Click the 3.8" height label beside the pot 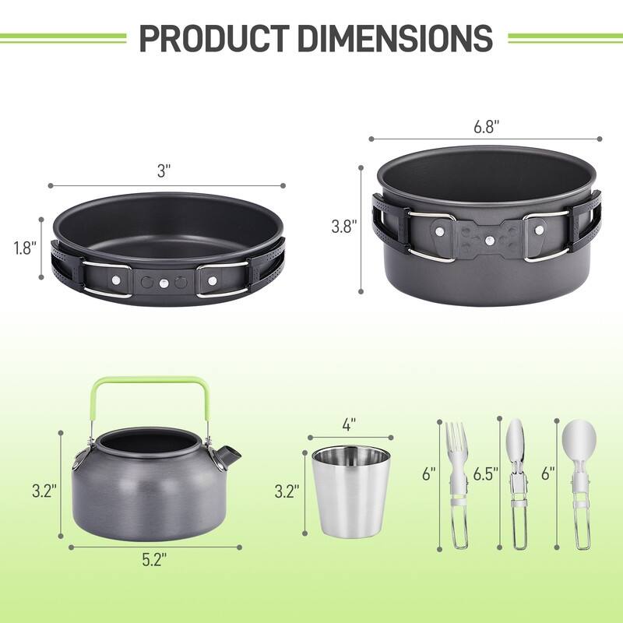[343, 227]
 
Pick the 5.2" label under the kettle [153, 558]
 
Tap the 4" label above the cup [348, 424]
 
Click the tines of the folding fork [456, 441]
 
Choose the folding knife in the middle [516, 483]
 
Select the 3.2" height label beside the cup [288, 491]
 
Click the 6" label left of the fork [429, 473]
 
